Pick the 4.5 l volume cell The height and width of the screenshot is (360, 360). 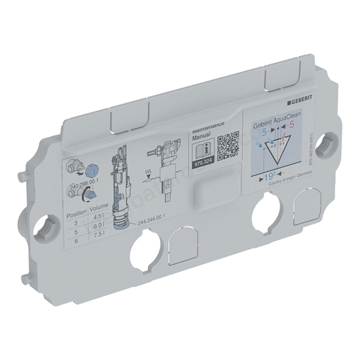[x=99, y=221]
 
